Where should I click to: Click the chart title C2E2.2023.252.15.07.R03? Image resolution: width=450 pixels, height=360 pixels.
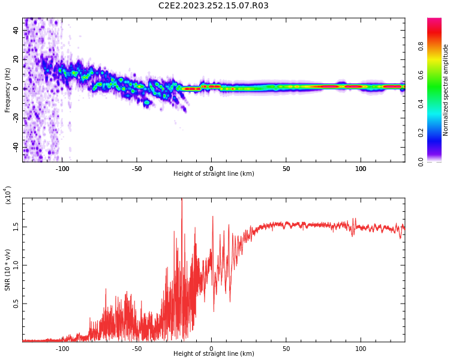coord(213,6)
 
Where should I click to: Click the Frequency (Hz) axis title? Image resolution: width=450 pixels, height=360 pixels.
coord(7,90)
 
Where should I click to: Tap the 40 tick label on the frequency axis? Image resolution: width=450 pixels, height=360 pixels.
coord(16,30)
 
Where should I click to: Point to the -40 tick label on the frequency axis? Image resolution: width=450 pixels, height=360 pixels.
coord(15,147)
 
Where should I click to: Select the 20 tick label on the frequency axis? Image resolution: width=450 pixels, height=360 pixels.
coord(16,59)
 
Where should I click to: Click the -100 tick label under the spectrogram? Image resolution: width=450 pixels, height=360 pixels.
coord(62,169)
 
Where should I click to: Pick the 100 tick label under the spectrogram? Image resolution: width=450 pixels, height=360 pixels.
coord(361,169)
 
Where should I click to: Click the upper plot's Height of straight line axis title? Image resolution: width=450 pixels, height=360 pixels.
coord(213,174)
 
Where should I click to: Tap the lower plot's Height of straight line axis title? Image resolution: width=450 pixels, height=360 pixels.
coord(213,354)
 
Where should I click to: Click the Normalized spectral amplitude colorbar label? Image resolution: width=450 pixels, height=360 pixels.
coord(446,90)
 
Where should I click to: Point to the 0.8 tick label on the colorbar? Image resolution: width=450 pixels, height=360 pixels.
coord(437,46)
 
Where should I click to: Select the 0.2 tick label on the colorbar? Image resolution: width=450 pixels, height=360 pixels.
coord(437,133)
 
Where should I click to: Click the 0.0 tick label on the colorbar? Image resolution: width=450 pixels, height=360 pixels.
coord(437,161)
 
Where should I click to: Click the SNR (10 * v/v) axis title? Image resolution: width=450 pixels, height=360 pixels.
coord(7,270)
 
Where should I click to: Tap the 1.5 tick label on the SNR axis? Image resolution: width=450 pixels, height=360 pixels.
coord(16,227)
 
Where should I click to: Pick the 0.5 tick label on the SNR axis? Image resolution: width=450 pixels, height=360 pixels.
coord(16,304)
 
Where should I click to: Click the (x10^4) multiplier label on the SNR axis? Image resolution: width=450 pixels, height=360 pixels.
coord(8,196)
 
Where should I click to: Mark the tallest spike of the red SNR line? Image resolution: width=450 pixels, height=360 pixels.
coord(181,200)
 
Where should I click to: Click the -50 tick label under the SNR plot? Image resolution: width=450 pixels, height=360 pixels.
coord(136,349)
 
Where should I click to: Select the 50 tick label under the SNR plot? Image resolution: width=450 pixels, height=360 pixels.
coord(286,349)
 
